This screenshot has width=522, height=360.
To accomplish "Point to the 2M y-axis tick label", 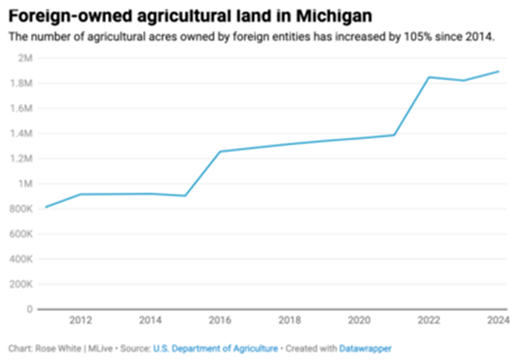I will [24, 58].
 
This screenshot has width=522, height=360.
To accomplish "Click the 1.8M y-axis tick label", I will [21, 83].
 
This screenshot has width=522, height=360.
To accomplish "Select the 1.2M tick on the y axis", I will [21, 158].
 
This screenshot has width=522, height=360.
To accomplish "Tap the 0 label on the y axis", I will [29, 309].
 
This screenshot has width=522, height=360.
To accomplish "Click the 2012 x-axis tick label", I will [81, 321].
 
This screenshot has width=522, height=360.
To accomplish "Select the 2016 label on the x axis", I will [220, 321].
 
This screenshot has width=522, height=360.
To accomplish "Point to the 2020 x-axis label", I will [359, 321].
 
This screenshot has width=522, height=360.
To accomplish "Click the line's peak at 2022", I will [429, 78].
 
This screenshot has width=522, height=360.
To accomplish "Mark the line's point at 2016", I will [220, 151].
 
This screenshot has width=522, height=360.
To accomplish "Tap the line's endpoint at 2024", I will [499, 72].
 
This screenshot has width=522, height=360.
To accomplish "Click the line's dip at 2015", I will [185, 195].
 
